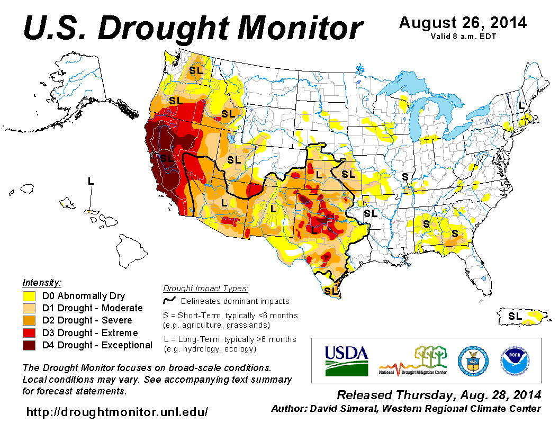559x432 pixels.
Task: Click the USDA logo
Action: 346,360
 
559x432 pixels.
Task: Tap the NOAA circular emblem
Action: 513,360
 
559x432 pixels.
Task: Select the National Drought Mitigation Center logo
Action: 413,360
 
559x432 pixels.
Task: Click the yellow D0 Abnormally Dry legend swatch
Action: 29,296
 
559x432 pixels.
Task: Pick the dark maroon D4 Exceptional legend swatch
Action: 29,345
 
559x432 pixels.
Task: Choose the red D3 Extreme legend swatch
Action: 29,333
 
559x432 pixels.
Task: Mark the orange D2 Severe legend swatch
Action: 29,321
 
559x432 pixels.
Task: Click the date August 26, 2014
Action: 463,23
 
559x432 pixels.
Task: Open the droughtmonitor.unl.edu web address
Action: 117,411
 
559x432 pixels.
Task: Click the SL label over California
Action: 167,158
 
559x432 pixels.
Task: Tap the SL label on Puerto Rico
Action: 515,316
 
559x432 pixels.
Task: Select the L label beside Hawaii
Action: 91,181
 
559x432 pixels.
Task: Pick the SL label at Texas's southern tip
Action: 331,291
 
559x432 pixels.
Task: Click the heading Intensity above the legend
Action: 42,282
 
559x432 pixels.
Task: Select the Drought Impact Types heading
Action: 205,289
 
